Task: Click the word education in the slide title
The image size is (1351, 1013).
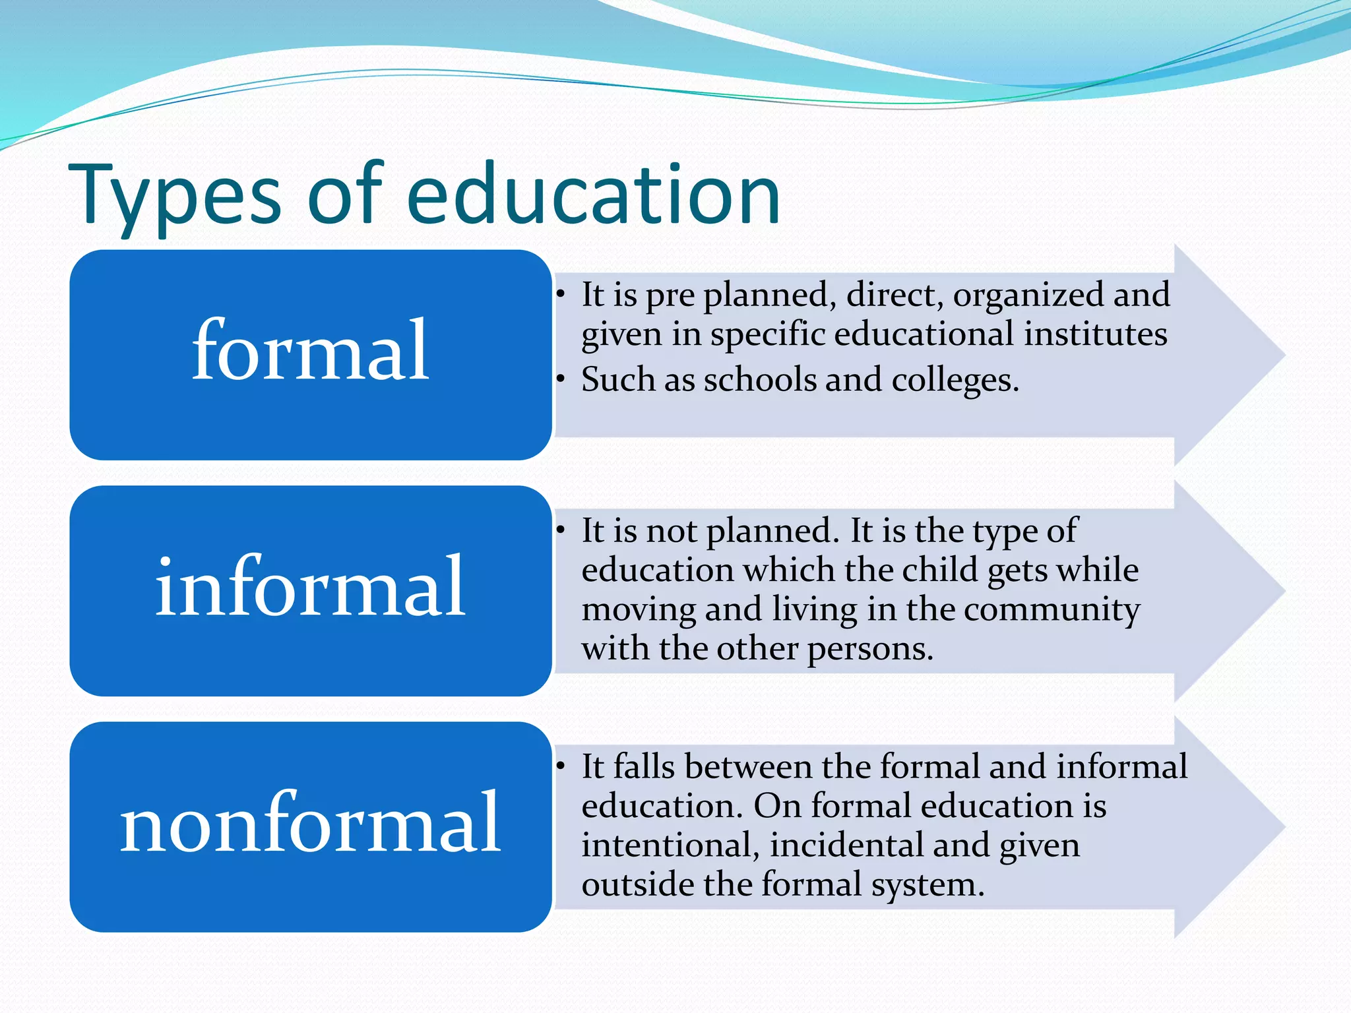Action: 594,194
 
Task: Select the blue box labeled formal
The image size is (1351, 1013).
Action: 310,355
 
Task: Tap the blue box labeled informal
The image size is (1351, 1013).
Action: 310,590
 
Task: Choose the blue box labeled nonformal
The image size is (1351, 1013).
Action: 310,826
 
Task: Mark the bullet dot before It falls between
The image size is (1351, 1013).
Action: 561,766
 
